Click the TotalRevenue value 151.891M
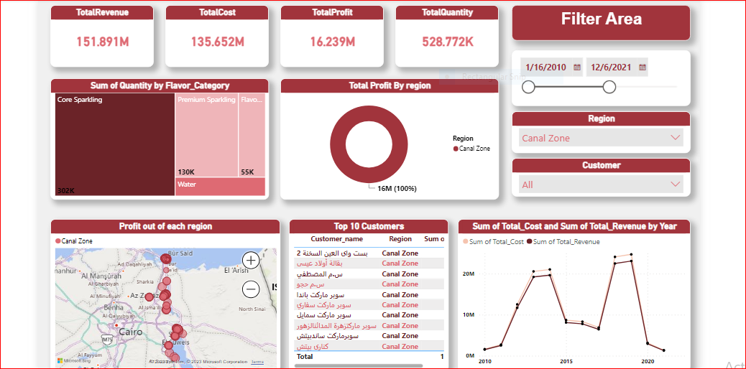(103, 42)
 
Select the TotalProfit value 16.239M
(333, 42)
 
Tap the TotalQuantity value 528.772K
(448, 42)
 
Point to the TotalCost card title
(217, 13)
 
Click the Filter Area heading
(601, 19)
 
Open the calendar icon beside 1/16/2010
(576, 67)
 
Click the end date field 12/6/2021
(611, 67)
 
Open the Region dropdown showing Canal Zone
(601, 138)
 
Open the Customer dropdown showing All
(601, 184)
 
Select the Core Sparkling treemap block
(114, 144)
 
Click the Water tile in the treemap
(220, 187)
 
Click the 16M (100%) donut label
(397, 189)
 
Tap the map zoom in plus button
(251, 261)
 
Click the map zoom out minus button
(251, 289)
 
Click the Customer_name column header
(336, 239)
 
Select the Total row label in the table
(305, 356)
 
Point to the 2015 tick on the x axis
(566, 361)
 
